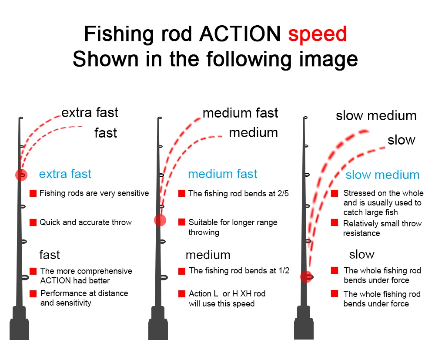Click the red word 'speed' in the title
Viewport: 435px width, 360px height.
point(317,34)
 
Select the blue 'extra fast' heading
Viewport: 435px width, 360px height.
point(65,175)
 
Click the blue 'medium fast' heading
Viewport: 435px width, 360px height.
point(223,174)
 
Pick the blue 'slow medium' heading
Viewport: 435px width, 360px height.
point(382,175)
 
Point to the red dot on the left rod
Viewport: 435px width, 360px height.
point(21,175)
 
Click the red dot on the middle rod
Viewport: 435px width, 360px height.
point(160,220)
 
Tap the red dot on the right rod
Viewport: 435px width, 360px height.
point(306,277)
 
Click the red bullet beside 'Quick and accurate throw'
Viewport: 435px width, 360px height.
point(33,222)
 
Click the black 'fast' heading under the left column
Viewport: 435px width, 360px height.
point(50,254)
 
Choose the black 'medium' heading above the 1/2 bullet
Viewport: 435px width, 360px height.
point(208,255)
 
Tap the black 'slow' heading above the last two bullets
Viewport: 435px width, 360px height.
point(361,254)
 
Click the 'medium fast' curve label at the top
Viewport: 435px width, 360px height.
point(240,113)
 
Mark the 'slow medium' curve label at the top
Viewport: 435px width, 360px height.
point(376,116)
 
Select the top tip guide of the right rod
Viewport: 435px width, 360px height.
point(306,118)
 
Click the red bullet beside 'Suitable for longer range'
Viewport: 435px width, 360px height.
point(182,222)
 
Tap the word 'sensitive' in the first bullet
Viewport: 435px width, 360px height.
point(132,193)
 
